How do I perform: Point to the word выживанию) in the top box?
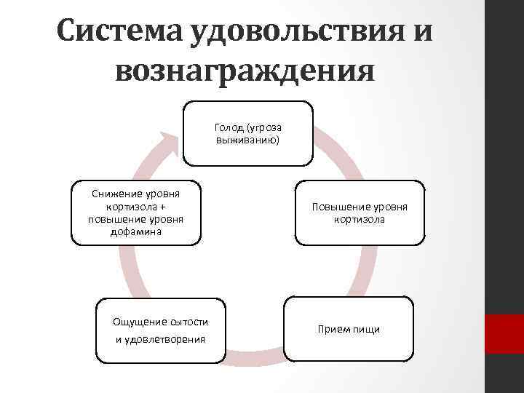(247, 139)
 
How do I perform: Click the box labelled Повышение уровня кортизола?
(359, 213)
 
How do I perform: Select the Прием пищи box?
(349, 330)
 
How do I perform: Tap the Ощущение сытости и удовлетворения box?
(159, 330)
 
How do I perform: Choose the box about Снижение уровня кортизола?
(135, 213)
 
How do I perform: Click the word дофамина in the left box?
(135, 232)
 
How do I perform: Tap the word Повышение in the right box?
(336, 207)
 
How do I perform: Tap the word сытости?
(188, 322)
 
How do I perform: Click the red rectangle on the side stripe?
(504, 334)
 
